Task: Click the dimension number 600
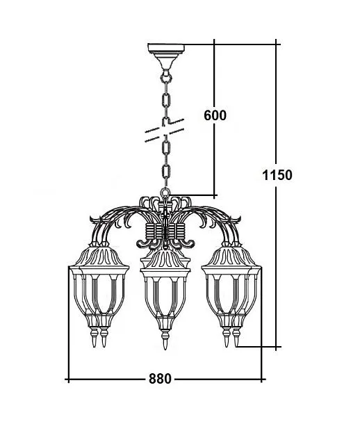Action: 215,115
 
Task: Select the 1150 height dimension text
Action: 277,174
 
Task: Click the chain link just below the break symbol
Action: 166,148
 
